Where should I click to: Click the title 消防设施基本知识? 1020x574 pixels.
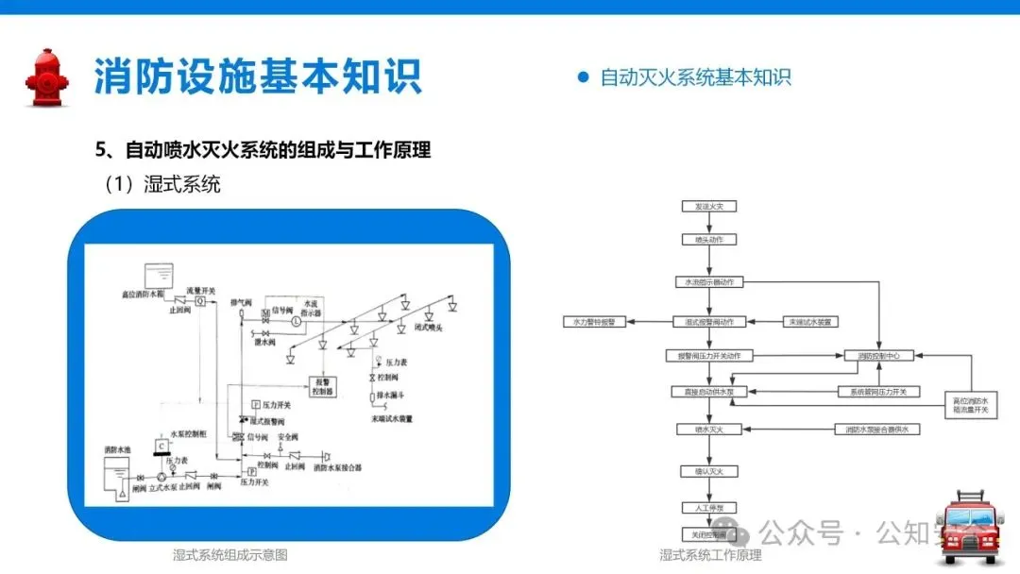coord(257,76)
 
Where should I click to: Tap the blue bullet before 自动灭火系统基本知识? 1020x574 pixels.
coord(583,77)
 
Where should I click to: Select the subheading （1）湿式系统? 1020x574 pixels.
coord(161,184)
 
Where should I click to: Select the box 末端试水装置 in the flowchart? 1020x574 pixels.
coord(811,322)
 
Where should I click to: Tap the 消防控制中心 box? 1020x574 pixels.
coord(878,357)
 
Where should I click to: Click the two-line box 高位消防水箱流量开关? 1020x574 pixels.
coord(970,406)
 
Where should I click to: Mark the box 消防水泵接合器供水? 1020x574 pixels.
coord(877,430)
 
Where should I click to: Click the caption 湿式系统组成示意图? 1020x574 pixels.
coord(229,555)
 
